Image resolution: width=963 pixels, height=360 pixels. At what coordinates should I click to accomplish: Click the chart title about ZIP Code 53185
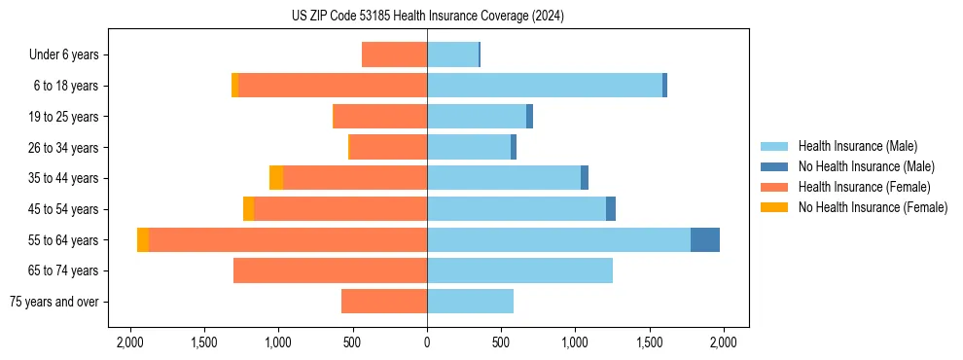(427, 17)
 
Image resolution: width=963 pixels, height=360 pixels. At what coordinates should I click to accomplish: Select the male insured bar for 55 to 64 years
(558, 239)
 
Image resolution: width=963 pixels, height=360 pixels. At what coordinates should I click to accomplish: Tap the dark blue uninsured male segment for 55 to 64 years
(705, 239)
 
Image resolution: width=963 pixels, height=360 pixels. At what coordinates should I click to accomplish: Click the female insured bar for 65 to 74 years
(330, 270)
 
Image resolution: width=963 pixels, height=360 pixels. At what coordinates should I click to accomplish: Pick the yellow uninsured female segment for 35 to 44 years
(276, 178)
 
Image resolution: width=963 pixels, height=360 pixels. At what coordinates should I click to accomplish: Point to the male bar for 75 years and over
(470, 302)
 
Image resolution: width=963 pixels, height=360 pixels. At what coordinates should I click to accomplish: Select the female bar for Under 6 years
(394, 54)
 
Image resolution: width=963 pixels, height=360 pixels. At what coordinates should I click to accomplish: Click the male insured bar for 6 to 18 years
(545, 86)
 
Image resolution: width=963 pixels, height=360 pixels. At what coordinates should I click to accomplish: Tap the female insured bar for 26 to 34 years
(388, 147)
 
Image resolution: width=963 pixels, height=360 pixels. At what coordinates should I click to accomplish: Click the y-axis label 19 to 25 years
(65, 117)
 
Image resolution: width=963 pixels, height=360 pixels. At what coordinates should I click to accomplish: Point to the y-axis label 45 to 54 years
(65, 209)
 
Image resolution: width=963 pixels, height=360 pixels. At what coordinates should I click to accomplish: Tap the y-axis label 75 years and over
(55, 302)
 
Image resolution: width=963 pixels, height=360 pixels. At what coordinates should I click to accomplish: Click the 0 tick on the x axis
(427, 342)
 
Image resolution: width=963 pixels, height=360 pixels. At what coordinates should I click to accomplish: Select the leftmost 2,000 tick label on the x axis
(130, 342)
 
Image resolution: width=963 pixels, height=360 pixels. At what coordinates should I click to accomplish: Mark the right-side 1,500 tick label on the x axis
(649, 342)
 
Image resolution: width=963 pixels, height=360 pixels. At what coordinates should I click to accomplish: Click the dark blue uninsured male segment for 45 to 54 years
(611, 209)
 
